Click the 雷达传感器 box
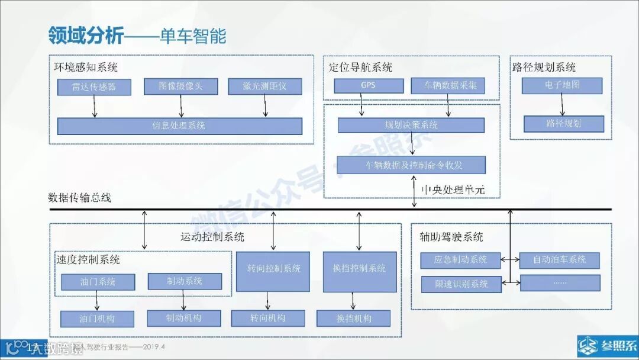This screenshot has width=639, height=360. click(94, 87)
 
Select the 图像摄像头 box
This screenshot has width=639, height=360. click(180, 86)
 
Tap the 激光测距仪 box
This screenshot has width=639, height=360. click(264, 86)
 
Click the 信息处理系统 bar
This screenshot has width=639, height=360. click(179, 126)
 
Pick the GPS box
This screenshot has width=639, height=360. click(368, 85)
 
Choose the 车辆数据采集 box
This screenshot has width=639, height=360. click(448, 85)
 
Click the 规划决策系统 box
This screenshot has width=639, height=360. click(411, 125)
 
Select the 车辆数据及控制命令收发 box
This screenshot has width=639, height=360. click(411, 165)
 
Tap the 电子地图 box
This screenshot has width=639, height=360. click(562, 85)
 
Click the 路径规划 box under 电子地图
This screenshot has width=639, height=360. click(564, 123)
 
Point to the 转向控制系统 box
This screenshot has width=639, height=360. click(273, 271)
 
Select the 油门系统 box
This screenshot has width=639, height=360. click(98, 281)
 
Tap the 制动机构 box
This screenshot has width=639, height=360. click(183, 319)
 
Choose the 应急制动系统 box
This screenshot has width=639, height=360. click(460, 260)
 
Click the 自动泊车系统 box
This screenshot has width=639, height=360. click(559, 260)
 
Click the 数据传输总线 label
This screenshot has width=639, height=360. click(79, 198)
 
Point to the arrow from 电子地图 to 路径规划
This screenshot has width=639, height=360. click(563, 105)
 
